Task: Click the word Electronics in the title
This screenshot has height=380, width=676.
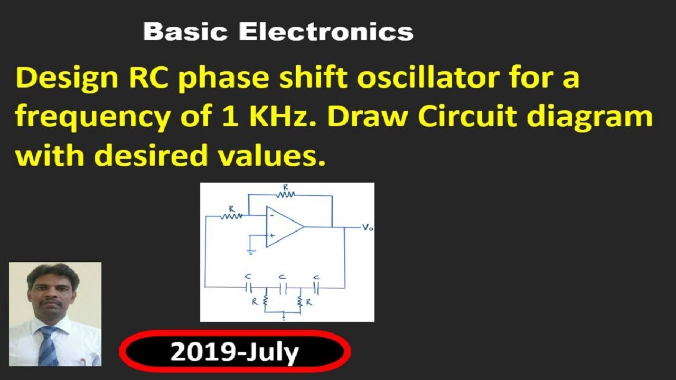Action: [x=326, y=32]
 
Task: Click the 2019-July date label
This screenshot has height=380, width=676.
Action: [x=234, y=352]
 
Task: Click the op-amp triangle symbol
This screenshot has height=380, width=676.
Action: [x=283, y=226]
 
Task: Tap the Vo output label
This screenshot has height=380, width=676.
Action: [x=367, y=227]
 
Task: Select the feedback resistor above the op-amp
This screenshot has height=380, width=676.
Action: [x=286, y=194]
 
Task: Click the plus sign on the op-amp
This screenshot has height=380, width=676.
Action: [x=271, y=236]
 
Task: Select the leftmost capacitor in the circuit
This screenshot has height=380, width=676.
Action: [x=249, y=288]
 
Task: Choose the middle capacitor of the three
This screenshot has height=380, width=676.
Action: [x=283, y=288]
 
